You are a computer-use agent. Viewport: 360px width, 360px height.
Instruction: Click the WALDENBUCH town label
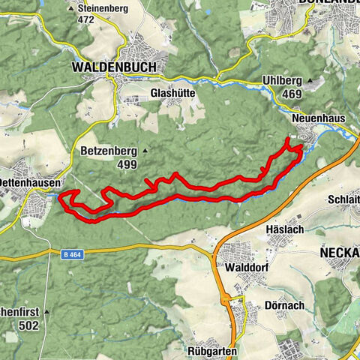click(x=115, y=67)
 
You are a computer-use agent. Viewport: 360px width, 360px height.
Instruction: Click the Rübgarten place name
click(x=214, y=350)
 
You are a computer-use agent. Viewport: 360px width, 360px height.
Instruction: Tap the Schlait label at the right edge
click(x=343, y=199)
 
